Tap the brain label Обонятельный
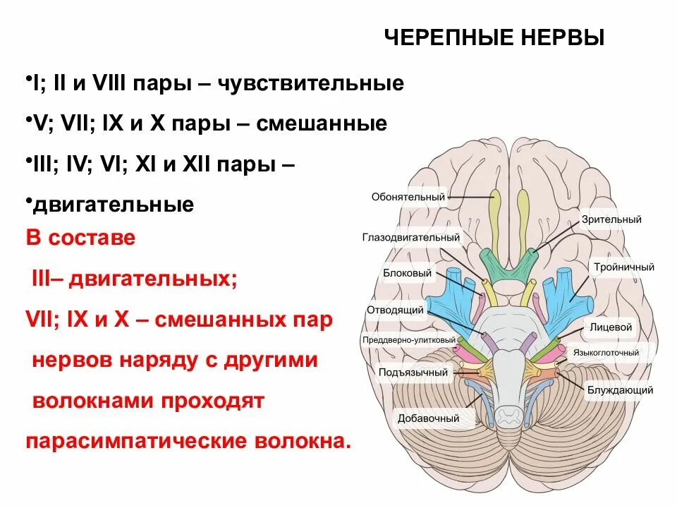(408, 197)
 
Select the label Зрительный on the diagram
(611, 219)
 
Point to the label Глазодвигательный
(412, 238)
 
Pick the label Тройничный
(623, 267)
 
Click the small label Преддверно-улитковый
(409, 340)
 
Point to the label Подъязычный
(403, 372)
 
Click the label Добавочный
(419, 418)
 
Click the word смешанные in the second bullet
(322, 124)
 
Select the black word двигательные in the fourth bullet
(113, 205)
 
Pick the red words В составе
(80, 237)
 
